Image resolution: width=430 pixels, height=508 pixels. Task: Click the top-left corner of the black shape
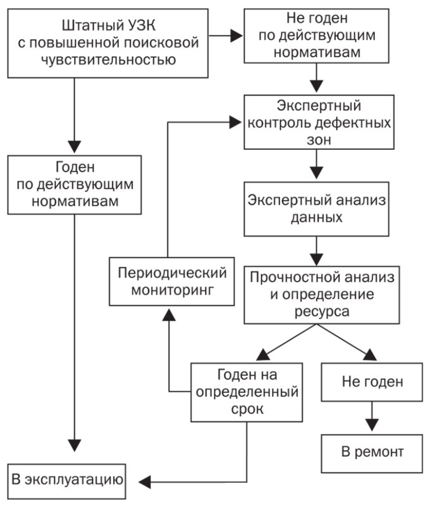[7, 8]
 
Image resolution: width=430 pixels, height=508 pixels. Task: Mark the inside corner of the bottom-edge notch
[225, 483]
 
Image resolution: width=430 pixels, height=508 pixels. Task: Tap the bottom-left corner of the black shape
[7, 500]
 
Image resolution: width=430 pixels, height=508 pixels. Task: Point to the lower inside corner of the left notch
[74, 436]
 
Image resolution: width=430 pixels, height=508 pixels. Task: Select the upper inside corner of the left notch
[74, 218]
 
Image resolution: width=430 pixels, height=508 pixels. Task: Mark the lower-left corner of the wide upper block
[7, 218]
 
